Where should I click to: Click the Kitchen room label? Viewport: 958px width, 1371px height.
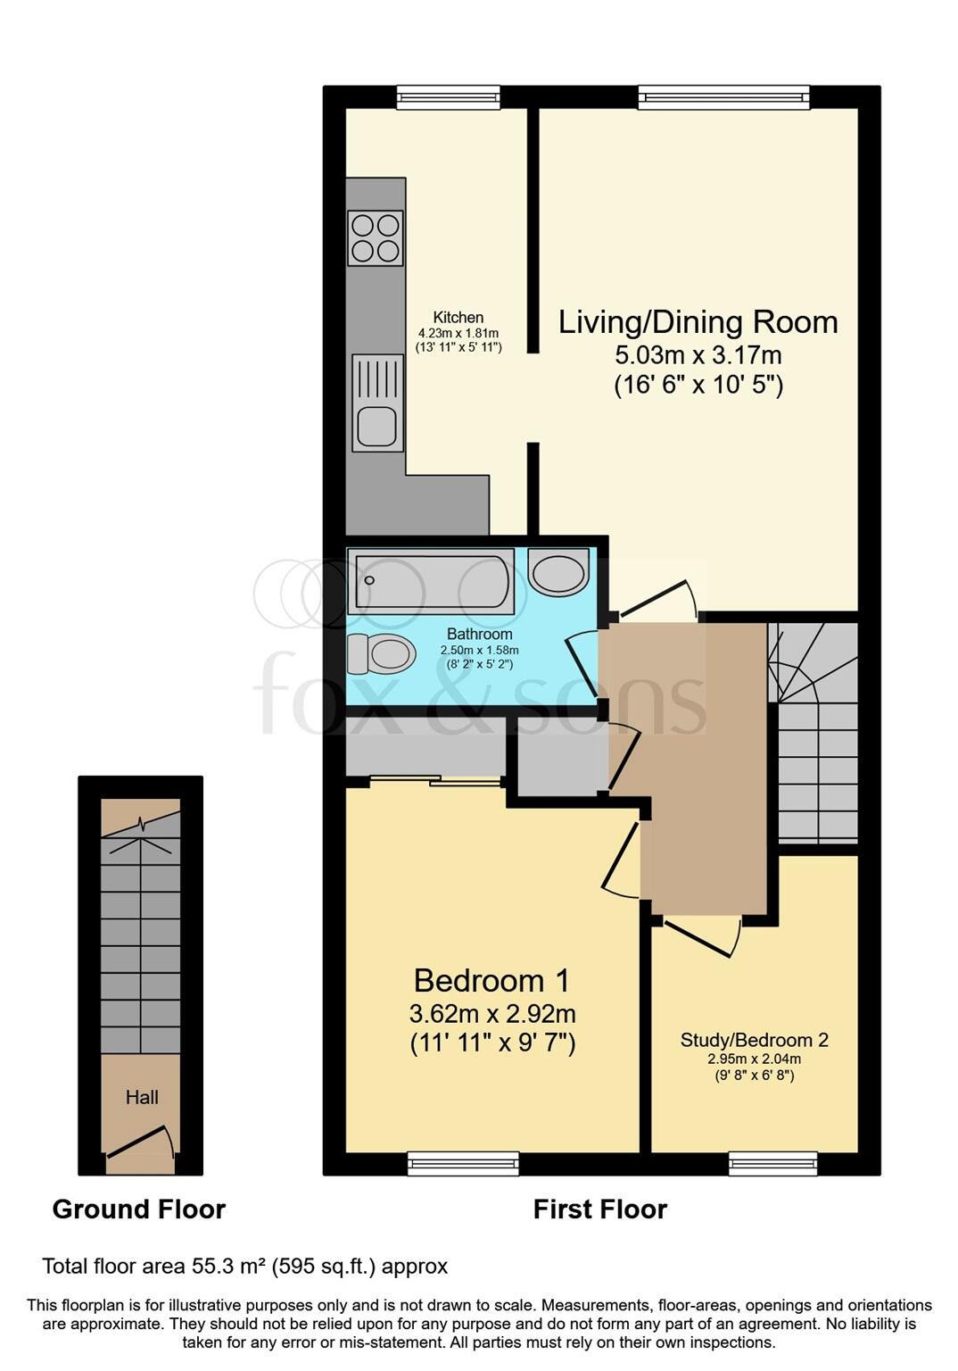coord(458,317)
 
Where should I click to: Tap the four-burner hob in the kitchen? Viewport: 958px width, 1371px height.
coord(375,237)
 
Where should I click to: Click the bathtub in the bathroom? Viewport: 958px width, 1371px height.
coord(431,583)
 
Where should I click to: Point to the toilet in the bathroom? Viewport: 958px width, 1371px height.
coord(382,654)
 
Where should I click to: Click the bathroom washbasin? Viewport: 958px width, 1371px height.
coord(558,572)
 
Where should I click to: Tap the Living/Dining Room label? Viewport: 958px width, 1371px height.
coord(698,322)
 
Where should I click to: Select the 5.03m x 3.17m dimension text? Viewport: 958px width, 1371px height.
coord(698,355)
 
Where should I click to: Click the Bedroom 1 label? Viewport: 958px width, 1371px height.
coord(491,981)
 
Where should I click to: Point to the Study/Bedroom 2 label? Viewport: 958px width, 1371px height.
coord(754,1040)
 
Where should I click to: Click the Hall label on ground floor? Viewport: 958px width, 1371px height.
coord(142,1097)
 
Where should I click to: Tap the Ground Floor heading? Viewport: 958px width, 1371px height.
coord(138,1209)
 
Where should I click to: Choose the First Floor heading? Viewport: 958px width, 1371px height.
coord(599,1209)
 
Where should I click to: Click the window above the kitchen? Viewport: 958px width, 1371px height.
coord(448,96)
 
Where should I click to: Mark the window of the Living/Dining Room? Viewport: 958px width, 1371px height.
coord(723,96)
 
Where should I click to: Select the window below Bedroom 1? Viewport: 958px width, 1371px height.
coord(463,1163)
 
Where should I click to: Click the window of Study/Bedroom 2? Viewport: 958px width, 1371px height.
coord(772,1163)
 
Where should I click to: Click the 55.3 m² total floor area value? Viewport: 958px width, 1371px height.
coord(229,1266)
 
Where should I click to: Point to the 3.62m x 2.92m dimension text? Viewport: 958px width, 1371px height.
coord(491,1014)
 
